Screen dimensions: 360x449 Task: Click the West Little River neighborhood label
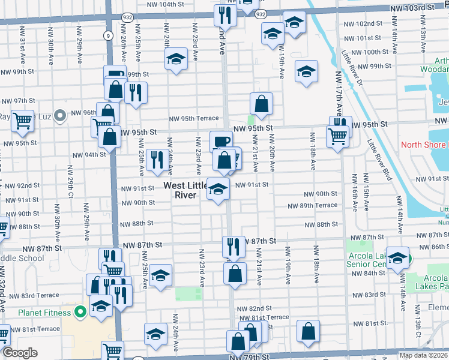185,190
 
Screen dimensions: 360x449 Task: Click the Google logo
20,353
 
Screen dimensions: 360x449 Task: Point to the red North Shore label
424,145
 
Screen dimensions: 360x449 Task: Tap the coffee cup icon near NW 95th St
221,142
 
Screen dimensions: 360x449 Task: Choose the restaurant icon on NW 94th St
157,159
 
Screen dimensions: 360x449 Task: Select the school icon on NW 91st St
218,188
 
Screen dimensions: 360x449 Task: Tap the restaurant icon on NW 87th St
234,246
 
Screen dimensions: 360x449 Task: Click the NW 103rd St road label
412,7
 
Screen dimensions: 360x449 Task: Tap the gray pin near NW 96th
59,115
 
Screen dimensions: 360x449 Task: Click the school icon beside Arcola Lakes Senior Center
397,257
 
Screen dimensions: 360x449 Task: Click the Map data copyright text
423,355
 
